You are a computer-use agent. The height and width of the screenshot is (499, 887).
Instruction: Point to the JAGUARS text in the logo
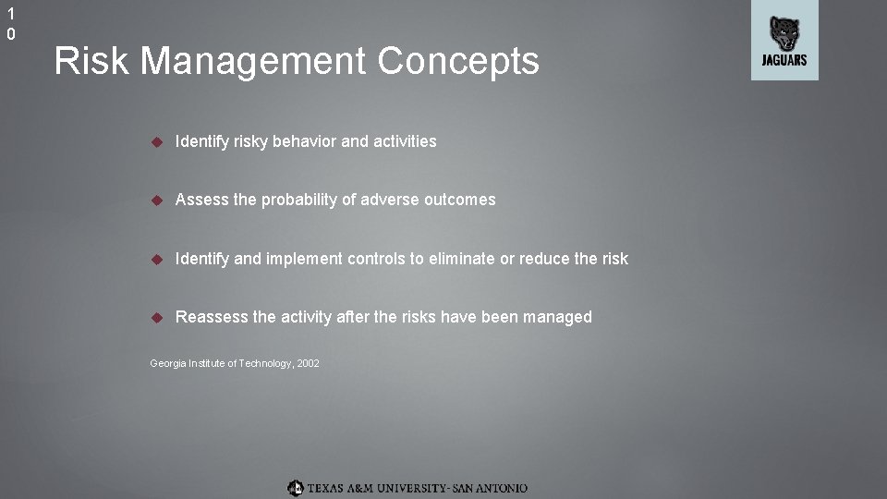point(784,60)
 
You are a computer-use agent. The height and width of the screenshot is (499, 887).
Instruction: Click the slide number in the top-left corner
point(11,25)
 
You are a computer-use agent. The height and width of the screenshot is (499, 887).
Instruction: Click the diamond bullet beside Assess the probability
point(157,200)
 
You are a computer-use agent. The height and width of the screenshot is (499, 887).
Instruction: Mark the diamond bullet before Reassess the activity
point(157,317)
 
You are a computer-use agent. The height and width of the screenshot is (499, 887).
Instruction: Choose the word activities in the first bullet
point(405,141)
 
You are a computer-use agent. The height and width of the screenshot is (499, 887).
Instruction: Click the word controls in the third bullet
point(377,259)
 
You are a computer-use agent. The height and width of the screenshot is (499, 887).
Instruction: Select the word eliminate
point(461,259)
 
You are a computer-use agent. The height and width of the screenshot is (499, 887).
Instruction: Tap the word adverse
point(389,200)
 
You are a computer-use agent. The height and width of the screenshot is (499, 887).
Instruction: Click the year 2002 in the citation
point(309,364)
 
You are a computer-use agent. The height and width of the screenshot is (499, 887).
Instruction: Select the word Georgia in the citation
point(167,364)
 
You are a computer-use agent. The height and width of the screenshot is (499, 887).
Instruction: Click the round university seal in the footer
point(295,487)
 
